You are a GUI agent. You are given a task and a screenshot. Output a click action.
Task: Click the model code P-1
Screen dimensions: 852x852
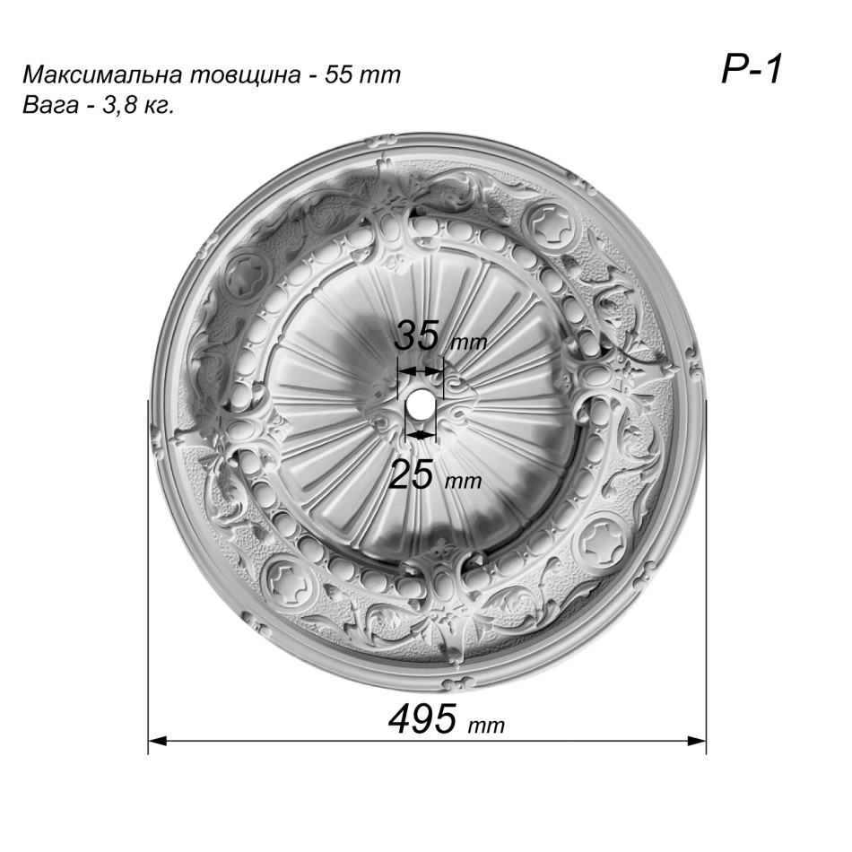[752, 70]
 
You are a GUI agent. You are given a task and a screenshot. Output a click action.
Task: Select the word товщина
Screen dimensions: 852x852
[245, 75]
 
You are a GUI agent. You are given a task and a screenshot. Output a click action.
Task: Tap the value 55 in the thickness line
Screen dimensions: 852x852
[338, 75]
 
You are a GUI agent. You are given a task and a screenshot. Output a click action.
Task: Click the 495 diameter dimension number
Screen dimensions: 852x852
[422, 718]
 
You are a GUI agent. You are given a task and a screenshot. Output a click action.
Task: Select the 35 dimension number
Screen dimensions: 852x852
[415, 335]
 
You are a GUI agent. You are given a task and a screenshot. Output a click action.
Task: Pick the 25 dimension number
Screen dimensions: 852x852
[412, 474]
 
